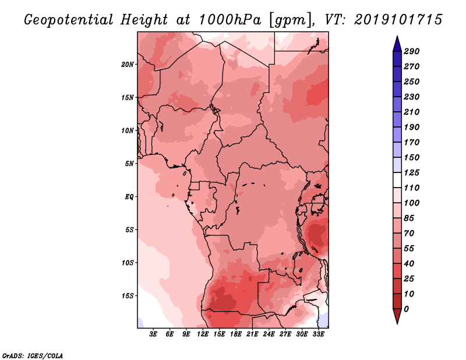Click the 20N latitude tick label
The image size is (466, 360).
128,64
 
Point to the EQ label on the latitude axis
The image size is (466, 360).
129,196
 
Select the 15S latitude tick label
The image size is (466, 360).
128,295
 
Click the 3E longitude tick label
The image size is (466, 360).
153,334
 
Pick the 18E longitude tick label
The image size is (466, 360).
236,334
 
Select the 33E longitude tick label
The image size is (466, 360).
318,334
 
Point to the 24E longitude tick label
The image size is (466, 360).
269,334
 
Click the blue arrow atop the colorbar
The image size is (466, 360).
397,43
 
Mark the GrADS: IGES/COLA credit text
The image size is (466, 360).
32,354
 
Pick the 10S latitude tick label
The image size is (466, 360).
128,262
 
